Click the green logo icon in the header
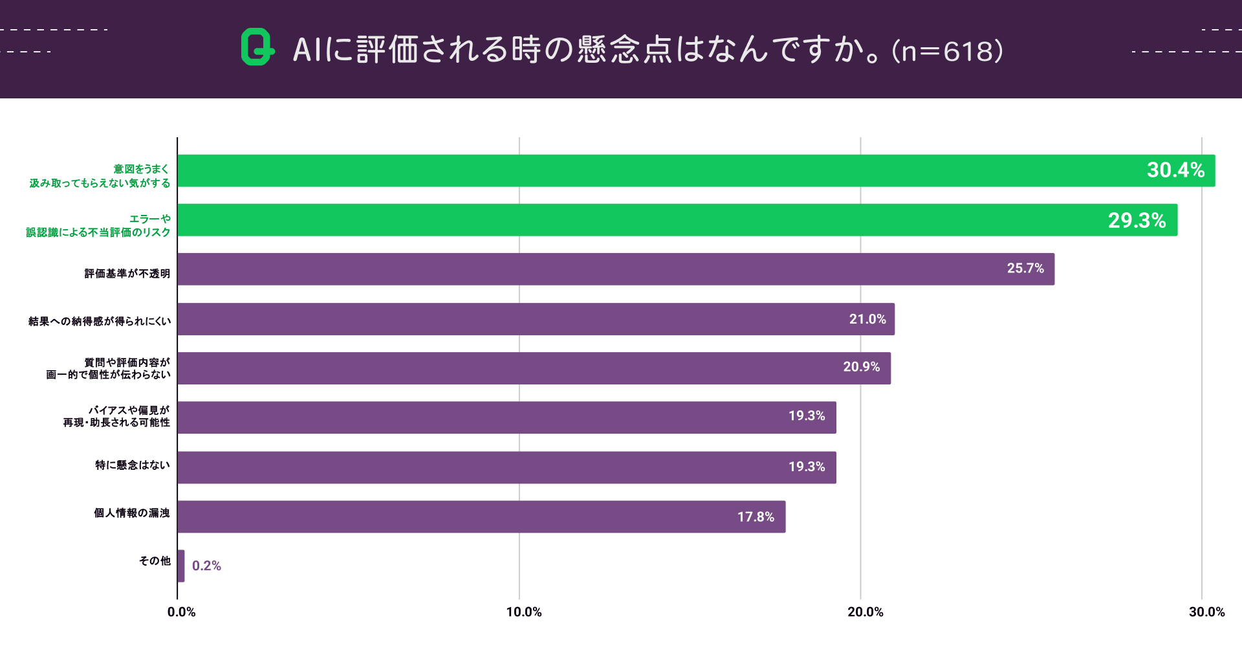click(x=257, y=47)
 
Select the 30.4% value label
click(x=1175, y=170)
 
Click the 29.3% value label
click(x=1137, y=221)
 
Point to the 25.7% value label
click(x=1025, y=269)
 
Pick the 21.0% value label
click(x=867, y=319)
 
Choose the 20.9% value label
click(x=861, y=367)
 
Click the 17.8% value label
click(x=756, y=517)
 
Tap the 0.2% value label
click(x=206, y=566)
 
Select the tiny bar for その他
click(x=181, y=566)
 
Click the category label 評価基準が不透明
click(x=127, y=274)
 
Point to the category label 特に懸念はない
click(x=133, y=465)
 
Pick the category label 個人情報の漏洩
click(x=132, y=513)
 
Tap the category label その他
click(x=155, y=561)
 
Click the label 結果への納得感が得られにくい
click(x=100, y=321)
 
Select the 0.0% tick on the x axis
click(x=181, y=612)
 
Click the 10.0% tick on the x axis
click(x=523, y=612)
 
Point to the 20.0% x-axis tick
click(x=865, y=612)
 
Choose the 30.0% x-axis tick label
click(x=1206, y=612)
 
